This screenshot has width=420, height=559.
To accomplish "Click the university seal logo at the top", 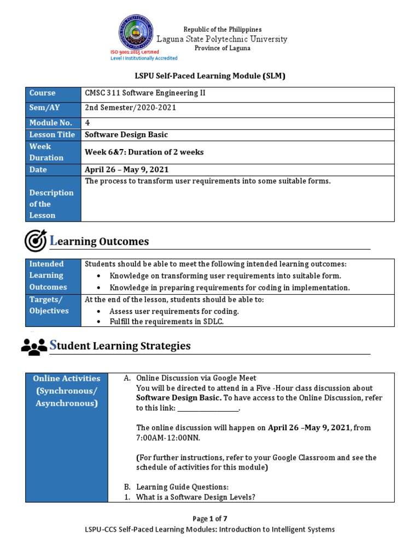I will click(136, 32).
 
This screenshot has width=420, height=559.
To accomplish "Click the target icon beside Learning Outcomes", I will click(36, 241).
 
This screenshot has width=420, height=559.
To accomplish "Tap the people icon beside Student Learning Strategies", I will click(34, 346).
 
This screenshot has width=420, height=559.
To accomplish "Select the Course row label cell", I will click(53, 93).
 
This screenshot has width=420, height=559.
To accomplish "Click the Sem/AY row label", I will click(53, 108).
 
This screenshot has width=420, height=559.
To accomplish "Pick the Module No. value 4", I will click(87, 123).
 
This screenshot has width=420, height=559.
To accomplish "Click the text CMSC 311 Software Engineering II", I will click(145, 93).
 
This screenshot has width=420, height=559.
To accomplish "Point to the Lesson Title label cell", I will click(53, 135).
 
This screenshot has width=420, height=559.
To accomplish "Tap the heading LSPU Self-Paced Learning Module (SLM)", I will click(210, 76).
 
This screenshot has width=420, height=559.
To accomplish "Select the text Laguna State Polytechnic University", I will click(222, 39).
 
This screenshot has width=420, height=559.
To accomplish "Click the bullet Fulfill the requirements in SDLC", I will click(167, 322).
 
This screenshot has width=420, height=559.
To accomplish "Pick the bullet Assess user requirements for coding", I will click(174, 311).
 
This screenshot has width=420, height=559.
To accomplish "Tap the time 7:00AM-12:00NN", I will click(168, 438).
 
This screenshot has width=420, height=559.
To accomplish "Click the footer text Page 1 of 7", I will click(209, 519).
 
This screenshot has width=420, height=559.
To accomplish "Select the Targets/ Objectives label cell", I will click(53, 305).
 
